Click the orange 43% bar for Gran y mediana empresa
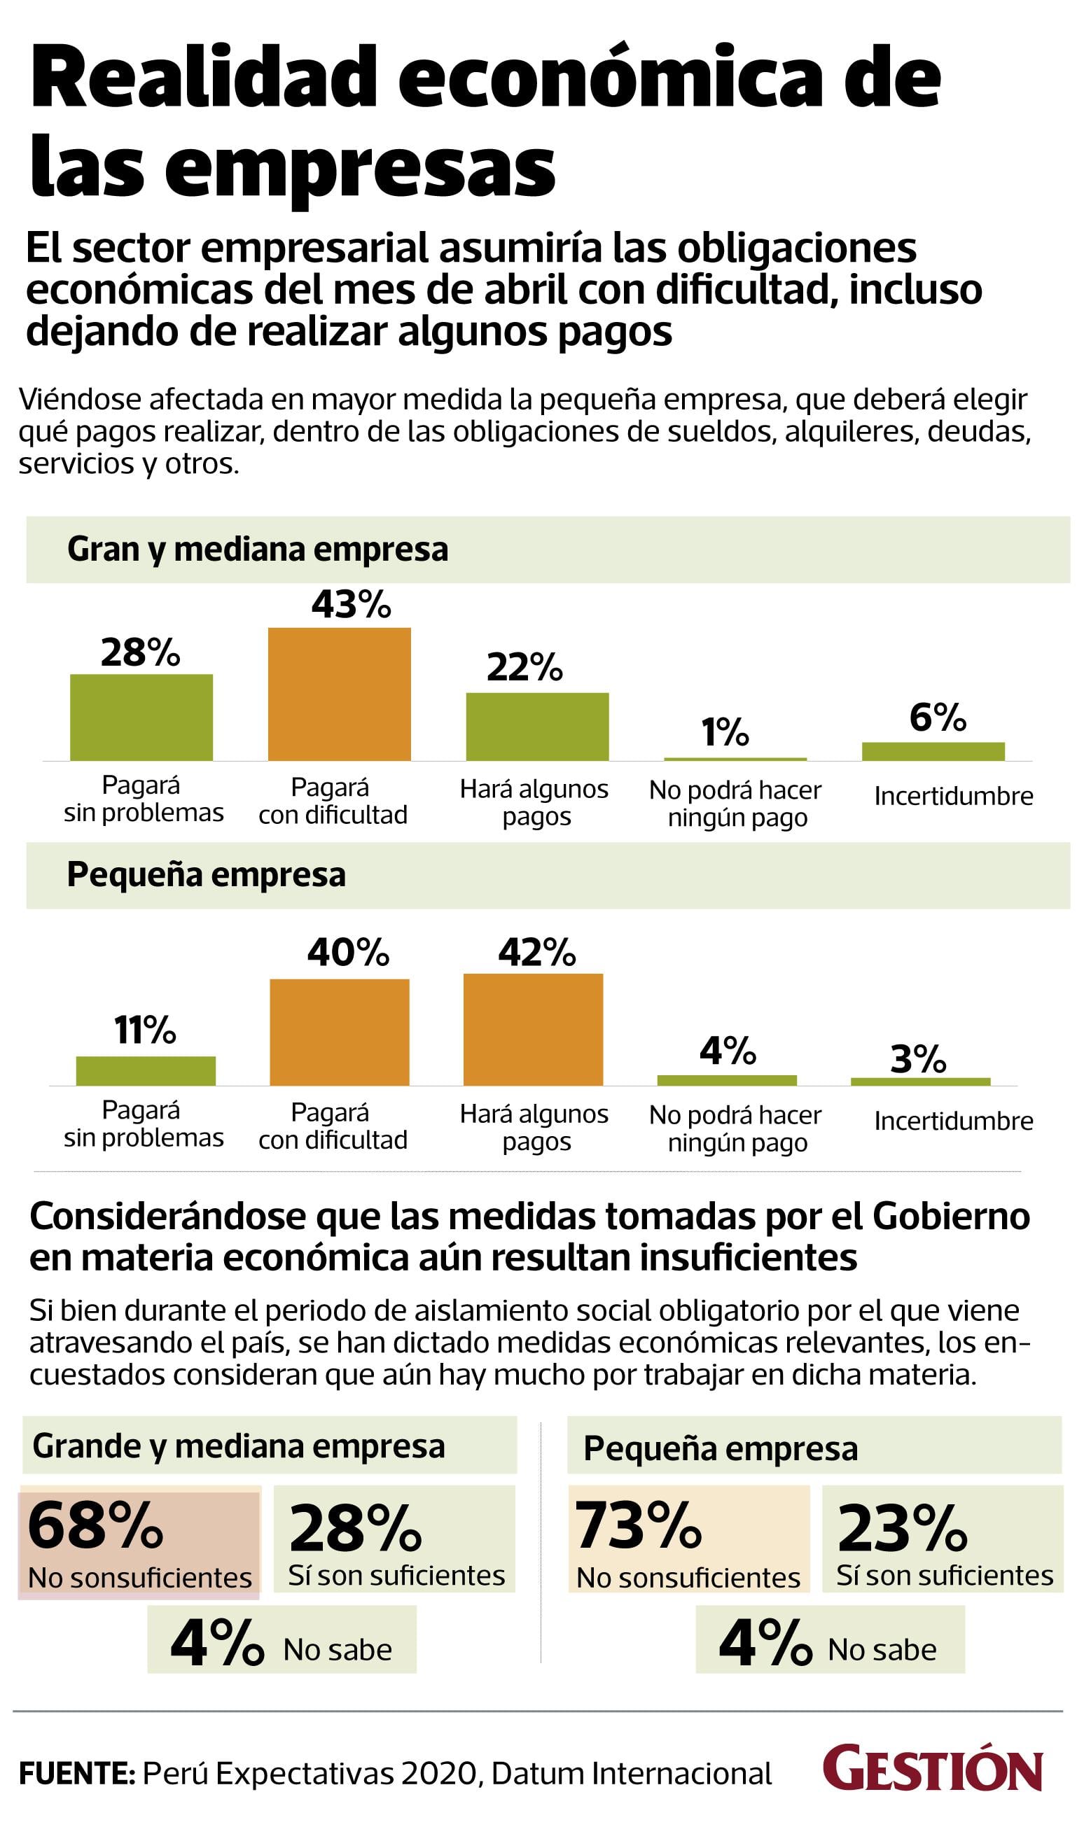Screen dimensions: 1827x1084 [339, 694]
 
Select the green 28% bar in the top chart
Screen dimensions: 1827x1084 [141, 717]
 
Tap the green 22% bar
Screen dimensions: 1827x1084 [537, 727]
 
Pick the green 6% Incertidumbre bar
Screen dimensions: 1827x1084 [933, 751]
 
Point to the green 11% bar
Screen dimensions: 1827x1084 [146, 1070]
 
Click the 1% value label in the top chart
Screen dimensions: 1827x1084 [725, 731]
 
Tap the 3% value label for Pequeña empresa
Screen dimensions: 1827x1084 [918, 1060]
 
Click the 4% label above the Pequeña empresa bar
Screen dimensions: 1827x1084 [728, 1051]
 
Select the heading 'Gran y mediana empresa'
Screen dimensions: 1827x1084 [257, 549]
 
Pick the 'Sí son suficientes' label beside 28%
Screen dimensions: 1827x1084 [396, 1575]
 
